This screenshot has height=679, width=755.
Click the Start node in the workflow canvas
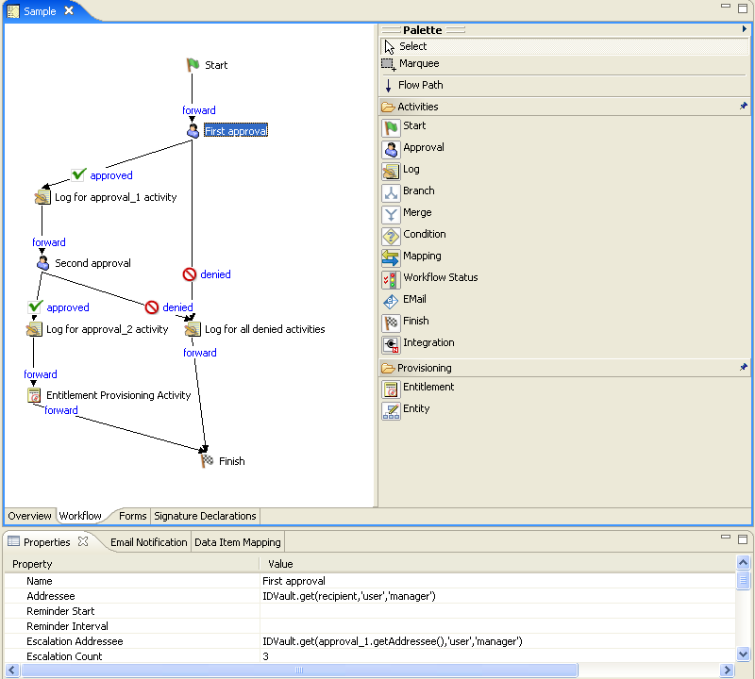[x=193, y=65]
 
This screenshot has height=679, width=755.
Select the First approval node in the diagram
[x=194, y=131]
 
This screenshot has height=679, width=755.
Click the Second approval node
[x=42, y=263]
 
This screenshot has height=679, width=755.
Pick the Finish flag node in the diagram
[x=208, y=461]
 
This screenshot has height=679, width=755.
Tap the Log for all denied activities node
[x=193, y=329]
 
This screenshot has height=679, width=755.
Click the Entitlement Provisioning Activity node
[x=34, y=395]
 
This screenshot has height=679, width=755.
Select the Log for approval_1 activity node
[x=42, y=197]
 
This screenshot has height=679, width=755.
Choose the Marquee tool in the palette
[x=418, y=64]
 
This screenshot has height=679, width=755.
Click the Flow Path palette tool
[x=420, y=85]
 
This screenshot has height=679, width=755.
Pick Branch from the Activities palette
[x=418, y=190]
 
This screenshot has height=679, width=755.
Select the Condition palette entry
[x=424, y=234]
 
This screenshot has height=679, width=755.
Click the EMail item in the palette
[x=414, y=299]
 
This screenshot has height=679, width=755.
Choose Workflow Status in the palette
[x=440, y=277]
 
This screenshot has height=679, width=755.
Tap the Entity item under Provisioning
[x=416, y=408]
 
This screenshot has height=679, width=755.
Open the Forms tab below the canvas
[x=132, y=516]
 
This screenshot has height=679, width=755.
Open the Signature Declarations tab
[x=205, y=516]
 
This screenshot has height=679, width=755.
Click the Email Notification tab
[x=148, y=542]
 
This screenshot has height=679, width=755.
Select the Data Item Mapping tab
[x=237, y=542]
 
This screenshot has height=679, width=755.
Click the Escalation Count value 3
[x=266, y=656]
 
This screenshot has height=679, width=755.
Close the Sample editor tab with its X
[x=69, y=10]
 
